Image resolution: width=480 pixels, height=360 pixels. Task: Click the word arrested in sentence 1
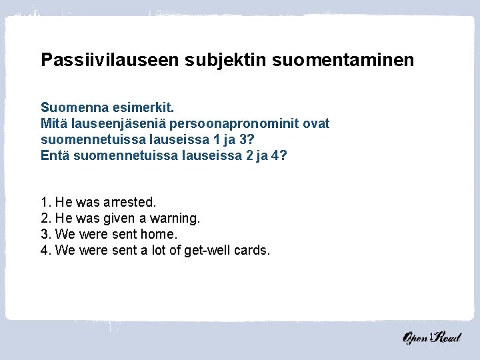pos(130,201)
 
